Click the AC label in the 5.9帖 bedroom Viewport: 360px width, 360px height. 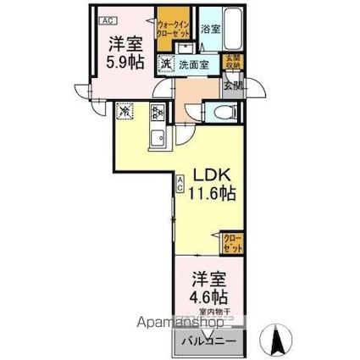[x=104, y=19]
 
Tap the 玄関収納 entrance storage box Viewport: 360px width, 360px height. [x=232, y=62]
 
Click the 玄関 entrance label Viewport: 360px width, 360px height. [x=230, y=84]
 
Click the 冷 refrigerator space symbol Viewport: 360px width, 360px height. [x=125, y=111]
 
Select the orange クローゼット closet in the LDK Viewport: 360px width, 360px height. [x=232, y=243]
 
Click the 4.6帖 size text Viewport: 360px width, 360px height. [x=208, y=296]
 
